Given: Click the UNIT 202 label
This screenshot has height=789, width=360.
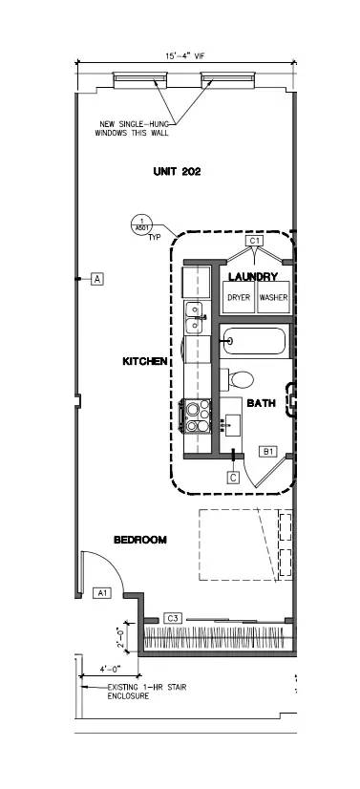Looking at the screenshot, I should tap(177, 172).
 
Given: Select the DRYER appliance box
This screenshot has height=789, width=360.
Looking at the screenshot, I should tap(238, 297).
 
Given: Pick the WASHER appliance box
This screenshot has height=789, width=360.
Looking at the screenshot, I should tap(272, 297).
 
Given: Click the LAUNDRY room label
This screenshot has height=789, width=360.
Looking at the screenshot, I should tap(253, 276).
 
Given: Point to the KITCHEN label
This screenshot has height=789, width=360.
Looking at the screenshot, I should tap(145, 362).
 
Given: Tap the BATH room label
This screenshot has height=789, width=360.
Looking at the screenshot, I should tap(262, 404).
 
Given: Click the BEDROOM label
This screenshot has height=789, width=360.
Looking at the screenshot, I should tap(140, 540).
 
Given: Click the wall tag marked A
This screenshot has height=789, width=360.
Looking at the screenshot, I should tap(96, 279).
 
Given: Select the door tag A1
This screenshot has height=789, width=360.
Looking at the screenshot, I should tap(103, 593).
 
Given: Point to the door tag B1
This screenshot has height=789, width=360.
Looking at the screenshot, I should tap(268, 451).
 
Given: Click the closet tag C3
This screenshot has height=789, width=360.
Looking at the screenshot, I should tap(173, 618).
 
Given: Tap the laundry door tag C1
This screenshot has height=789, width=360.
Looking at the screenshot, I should tap(254, 242).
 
